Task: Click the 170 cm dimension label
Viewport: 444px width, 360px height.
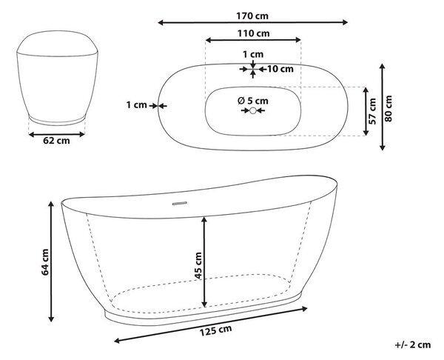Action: (252, 16)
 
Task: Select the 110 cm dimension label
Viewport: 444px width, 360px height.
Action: (253, 33)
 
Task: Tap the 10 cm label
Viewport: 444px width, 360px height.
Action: (280, 69)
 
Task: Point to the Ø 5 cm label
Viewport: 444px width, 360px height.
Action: (253, 101)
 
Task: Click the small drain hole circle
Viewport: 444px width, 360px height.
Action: (253, 110)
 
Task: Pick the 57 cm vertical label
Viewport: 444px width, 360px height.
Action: (374, 111)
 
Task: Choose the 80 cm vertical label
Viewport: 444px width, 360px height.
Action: (389, 109)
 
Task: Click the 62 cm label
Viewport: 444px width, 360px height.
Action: (56, 141)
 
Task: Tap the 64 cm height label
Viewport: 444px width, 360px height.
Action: (45, 262)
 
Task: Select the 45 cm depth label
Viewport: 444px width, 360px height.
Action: (198, 266)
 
